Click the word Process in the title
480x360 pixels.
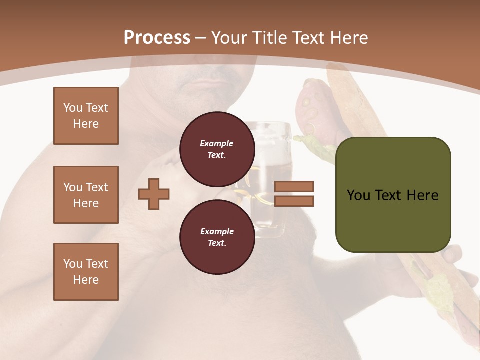(157, 37)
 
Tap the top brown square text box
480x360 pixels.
(86, 116)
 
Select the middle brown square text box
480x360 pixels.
(86, 195)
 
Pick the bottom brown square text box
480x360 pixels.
(86, 271)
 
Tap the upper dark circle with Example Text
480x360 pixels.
(217, 149)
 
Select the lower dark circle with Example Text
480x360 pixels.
(217, 237)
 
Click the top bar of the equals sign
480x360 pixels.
(294, 187)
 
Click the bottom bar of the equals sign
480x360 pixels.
(294, 201)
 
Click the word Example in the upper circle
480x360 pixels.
(217, 143)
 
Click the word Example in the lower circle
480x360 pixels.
(217, 231)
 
